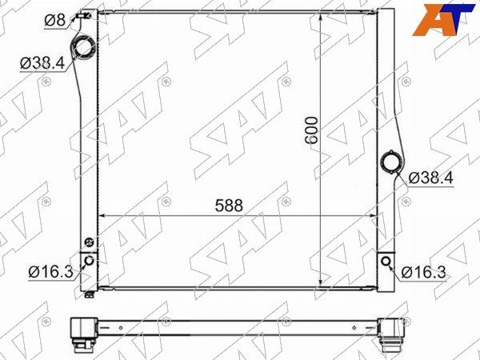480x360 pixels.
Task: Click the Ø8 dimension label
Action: [55, 20]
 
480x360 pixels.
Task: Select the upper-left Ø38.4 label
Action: [42, 63]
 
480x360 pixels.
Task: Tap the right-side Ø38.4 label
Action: [430, 178]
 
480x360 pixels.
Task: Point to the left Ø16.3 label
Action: [51, 271]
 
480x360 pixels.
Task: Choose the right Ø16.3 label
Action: [424, 272]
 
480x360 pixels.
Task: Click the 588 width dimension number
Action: [229, 206]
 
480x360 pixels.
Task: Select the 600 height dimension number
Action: [312, 130]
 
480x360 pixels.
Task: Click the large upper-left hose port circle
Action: [83, 47]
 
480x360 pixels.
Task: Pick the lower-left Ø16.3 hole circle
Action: [90, 261]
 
